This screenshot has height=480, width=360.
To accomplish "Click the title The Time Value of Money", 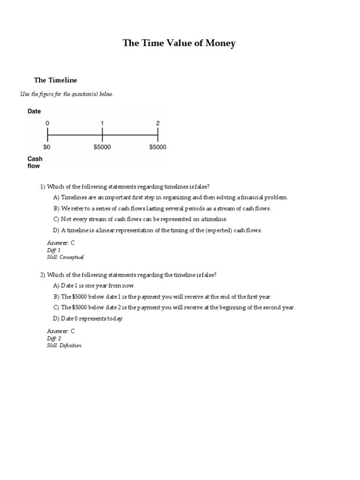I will pos(179,44).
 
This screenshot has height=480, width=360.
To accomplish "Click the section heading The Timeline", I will pos(55,80).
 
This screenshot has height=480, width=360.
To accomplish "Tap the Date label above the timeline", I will pos(34,112).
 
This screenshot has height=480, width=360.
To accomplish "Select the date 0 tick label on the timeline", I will pos(47,123).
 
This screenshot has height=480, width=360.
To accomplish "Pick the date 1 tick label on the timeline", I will pos(102,123).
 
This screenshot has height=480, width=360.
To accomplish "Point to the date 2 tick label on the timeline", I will pos(157,123).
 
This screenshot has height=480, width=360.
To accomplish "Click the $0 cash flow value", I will pos(47,147).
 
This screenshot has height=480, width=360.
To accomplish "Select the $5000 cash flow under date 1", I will pos(102,147).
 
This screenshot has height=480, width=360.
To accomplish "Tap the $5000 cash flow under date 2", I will pos(157,147).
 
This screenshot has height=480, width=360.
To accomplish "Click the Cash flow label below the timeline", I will pos(35,162).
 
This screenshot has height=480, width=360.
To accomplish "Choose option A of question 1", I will pos(171,197).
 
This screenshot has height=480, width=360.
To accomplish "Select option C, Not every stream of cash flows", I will pos(140,219).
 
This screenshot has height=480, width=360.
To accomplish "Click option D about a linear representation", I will pos(157,230).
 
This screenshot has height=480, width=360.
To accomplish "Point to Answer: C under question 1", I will pos(61,243).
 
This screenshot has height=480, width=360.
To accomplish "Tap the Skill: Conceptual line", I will pos(65,257).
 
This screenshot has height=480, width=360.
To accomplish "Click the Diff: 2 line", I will pos(54,338).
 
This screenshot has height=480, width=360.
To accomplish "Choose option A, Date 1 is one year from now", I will pos(94,285).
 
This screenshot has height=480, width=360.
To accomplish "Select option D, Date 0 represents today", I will pos(89,319).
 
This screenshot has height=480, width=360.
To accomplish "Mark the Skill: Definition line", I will pos(64,345).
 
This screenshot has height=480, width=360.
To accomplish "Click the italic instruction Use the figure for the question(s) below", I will pos(67,94).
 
